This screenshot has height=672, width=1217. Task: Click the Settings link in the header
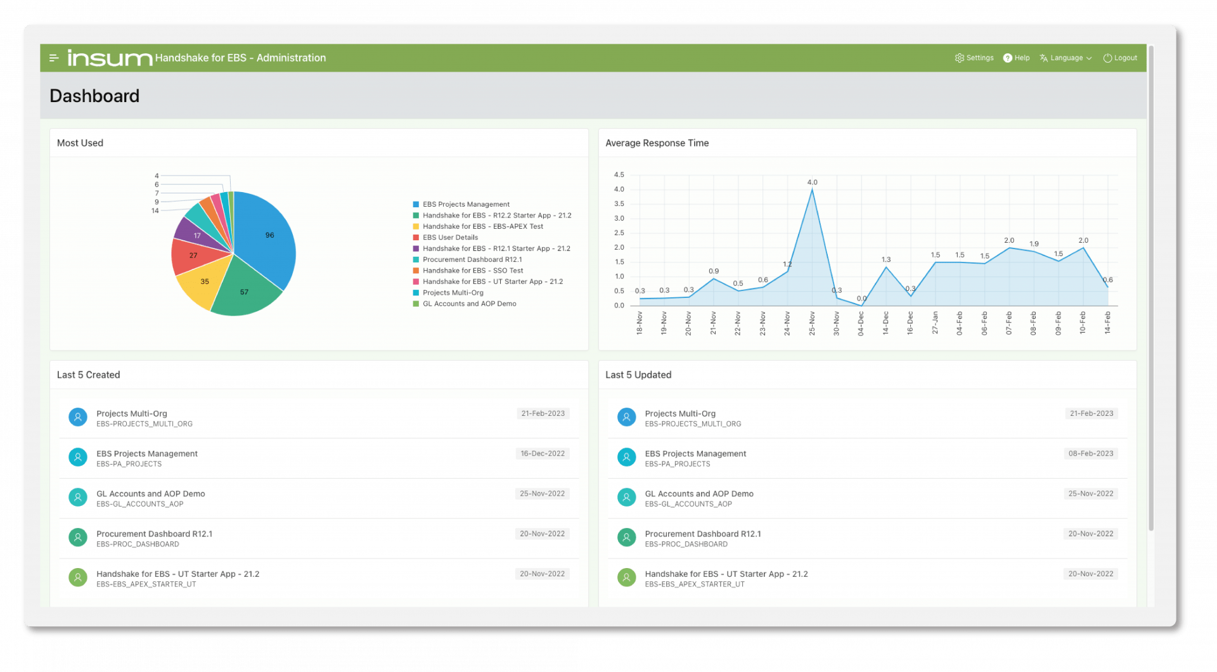974,58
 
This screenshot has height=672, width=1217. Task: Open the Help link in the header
1016,58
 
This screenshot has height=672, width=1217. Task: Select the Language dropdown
1066,58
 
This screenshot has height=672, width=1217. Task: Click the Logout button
1120,58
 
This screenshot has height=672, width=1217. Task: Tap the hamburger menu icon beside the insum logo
54,58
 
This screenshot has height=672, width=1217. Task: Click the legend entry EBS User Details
450,238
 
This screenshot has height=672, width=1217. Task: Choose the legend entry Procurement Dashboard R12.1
472,260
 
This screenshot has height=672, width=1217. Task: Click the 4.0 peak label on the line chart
812,183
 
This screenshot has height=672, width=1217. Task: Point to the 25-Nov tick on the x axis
812,323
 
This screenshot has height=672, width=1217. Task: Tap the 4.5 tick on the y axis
619,175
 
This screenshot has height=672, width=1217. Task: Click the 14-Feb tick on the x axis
1107,323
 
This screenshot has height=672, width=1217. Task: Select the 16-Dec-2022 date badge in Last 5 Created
543,454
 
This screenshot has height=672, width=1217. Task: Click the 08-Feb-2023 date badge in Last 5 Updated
1091,454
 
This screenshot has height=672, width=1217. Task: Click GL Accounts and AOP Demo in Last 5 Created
151,494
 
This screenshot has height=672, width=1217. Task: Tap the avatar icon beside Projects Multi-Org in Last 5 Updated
626,417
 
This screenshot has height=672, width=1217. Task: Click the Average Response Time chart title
657,143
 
